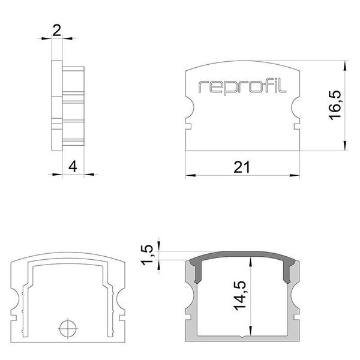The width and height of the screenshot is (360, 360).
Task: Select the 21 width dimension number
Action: click(241, 167)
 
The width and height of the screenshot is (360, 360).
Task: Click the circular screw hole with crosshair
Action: click(68, 328)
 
